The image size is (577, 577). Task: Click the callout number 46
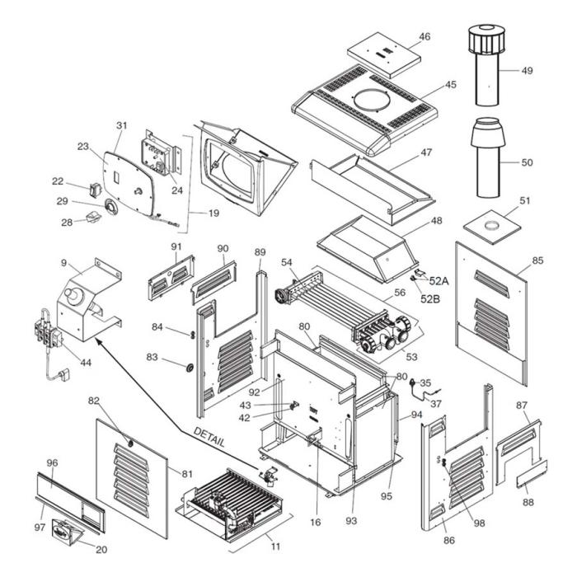(x=425, y=37)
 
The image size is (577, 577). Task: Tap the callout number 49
(x=527, y=70)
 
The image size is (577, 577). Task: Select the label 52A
(x=439, y=280)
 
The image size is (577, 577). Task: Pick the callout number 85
(x=537, y=260)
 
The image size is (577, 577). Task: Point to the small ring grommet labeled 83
(x=190, y=366)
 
